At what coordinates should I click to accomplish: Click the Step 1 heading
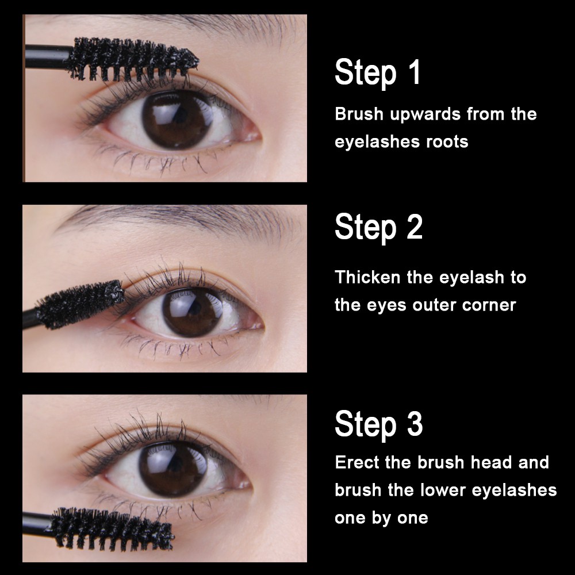point(377,72)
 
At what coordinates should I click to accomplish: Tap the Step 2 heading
point(378,227)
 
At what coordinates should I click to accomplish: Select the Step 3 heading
point(378,424)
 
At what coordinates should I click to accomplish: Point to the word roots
point(447,142)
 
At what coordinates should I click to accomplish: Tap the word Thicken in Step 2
point(367,277)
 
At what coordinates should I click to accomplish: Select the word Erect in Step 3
point(357,462)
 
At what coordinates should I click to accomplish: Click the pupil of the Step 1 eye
point(177,118)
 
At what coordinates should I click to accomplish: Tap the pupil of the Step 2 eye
point(193,312)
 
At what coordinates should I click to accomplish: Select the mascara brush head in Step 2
point(80,304)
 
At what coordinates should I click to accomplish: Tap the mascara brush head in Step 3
point(112,528)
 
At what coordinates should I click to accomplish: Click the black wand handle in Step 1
point(48,57)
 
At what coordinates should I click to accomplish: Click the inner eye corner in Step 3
point(245,484)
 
